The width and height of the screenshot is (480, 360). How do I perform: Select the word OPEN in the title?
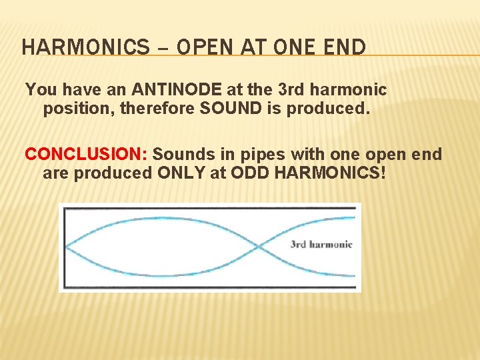(x=207, y=48)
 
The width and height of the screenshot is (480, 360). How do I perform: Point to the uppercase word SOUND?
(x=229, y=109)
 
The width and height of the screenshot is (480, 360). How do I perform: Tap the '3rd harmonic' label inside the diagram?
(x=321, y=244)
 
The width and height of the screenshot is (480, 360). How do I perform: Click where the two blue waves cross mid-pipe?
(x=257, y=247)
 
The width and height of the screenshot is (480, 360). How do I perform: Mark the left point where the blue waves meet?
(x=66, y=247)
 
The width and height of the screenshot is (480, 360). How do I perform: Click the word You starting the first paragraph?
(x=39, y=89)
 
